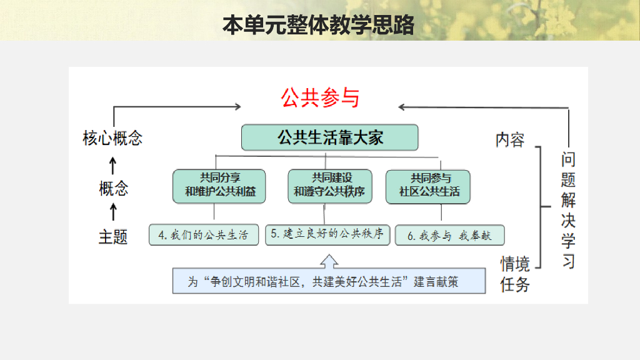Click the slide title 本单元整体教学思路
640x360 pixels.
319,25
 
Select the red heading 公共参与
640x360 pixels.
320,97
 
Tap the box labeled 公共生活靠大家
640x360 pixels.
330,137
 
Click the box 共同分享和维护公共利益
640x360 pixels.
220,186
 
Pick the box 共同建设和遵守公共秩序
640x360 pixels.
329,186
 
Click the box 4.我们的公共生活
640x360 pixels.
204,235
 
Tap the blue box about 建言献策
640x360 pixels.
329,281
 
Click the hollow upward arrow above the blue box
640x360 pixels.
329,259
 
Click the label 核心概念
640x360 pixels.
112,138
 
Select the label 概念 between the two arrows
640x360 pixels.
113,187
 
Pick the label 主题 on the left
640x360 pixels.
113,237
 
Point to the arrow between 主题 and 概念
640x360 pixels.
113,212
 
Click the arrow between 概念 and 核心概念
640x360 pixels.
113,164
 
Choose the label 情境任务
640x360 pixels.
515,274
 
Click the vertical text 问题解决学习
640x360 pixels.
568,210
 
